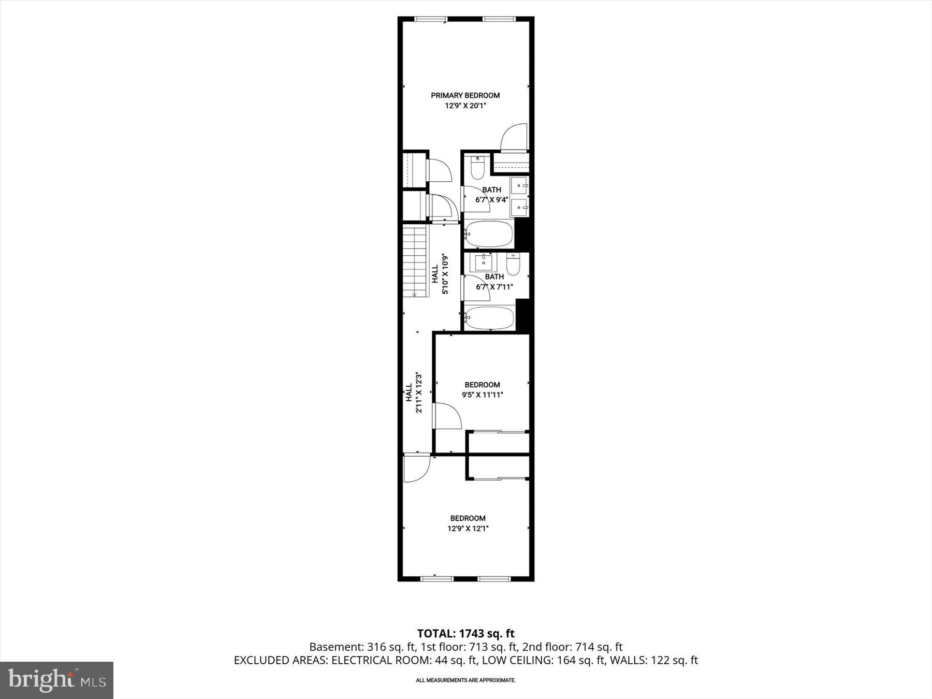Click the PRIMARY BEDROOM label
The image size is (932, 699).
pyautogui.click(x=465, y=95)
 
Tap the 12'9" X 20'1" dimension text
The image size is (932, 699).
pyautogui.click(x=465, y=106)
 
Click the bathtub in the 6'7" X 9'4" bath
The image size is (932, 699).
pyautogui.click(x=489, y=235)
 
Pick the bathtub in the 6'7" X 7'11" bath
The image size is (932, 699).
pyautogui.click(x=489, y=318)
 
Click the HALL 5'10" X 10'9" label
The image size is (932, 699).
pyautogui.click(x=440, y=274)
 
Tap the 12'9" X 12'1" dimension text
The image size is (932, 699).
pyautogui.click(x=468, y=529)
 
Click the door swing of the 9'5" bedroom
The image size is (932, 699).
pyautogui.click(x=447, y=415)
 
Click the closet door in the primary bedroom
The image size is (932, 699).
pyautogui.click(x=514, y=137)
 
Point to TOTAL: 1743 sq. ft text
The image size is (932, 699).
pyautogui.click(x=465, y=633)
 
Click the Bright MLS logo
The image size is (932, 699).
pyautogui.click(x=56, y=680)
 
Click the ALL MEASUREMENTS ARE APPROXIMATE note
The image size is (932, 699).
pyautogui.click(x=465, y=680)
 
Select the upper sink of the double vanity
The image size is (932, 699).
pyautogui.click(x=519, y=184)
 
